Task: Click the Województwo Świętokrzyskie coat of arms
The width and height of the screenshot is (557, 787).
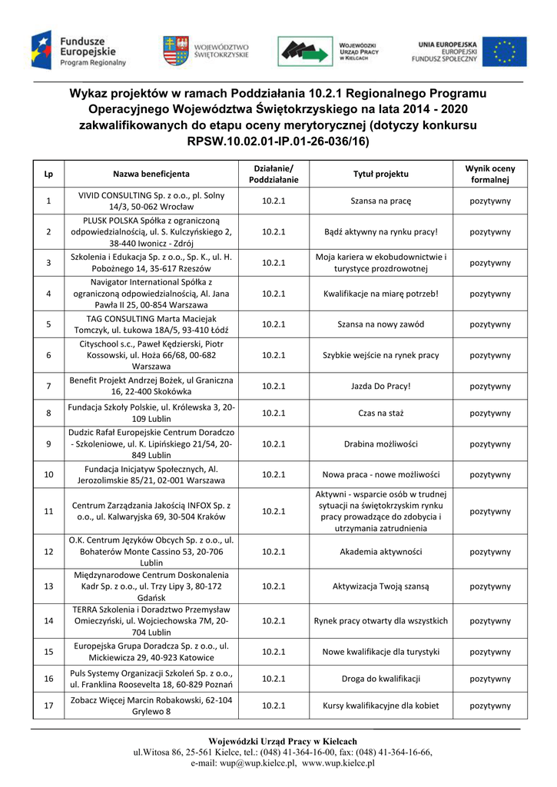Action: (x=174, y=51)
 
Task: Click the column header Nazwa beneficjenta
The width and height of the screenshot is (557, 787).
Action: (x=151, y=174)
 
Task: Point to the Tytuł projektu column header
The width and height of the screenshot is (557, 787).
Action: (x=380, y=174)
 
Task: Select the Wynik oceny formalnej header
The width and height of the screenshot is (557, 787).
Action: (x=489, y=174)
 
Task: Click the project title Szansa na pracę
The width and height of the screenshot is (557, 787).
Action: (x=380, y=201)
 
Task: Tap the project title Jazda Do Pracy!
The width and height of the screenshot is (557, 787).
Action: (x=380, y=386)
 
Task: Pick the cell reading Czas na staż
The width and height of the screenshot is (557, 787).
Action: (x=380, y=413)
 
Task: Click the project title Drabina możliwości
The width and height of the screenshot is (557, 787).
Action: (x=380, y=444)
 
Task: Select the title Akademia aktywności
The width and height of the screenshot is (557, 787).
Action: (x=380, y=551)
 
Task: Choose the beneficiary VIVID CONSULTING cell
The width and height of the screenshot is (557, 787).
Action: (x=151, y=201)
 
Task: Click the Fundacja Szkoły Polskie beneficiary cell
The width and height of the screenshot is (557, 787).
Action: (x=151, y=413)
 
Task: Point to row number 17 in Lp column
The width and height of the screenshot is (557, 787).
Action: (x=48, y=706)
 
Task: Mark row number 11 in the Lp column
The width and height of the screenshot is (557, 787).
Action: (x=48, y=511)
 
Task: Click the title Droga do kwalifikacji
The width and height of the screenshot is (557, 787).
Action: (x=380, y=679)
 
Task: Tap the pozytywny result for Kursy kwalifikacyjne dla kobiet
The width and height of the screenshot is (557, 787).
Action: (x=489, y=706)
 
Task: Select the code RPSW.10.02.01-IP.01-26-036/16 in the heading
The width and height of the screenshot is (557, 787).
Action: (x=278, y=142)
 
